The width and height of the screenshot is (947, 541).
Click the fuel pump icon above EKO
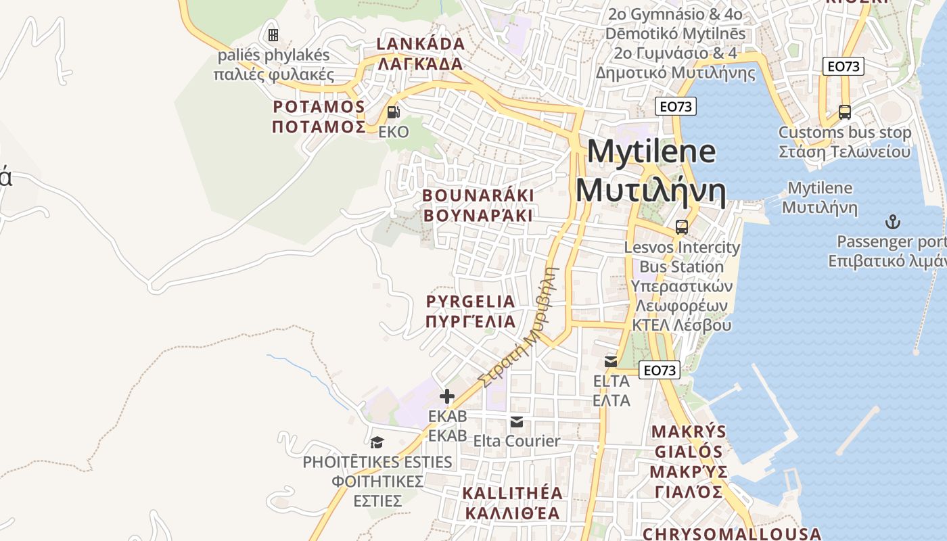coord(393,112)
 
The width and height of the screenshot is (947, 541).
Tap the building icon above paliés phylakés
coord(273,34)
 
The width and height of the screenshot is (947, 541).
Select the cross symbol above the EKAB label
coord(447,396)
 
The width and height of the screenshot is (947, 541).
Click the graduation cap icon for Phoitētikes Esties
coord(377,442)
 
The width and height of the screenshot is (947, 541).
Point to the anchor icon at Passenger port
coord(893,222)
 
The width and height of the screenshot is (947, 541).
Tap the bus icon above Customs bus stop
coord(844,112)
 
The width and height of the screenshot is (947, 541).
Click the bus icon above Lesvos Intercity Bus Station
coord(681,227)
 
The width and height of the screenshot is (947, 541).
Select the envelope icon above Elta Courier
coord(517,422)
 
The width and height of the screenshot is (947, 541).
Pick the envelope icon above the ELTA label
coord(611,362)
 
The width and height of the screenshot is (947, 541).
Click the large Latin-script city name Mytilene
coord(651,151)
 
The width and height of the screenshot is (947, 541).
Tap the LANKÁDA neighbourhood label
coord(420,45)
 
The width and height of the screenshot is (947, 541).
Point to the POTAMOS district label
coord(319,107)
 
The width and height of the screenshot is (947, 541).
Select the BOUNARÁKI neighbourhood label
coord(478,195)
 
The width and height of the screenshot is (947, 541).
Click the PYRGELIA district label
coord(471,302)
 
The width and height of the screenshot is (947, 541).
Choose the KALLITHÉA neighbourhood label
coord(512,493)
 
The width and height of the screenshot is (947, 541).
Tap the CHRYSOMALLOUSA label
coord(732,534)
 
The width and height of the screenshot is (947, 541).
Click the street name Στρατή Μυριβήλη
coord(518,329)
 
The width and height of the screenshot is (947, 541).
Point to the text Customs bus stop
coord(844,133)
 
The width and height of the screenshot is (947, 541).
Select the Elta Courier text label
coord(517,441)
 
